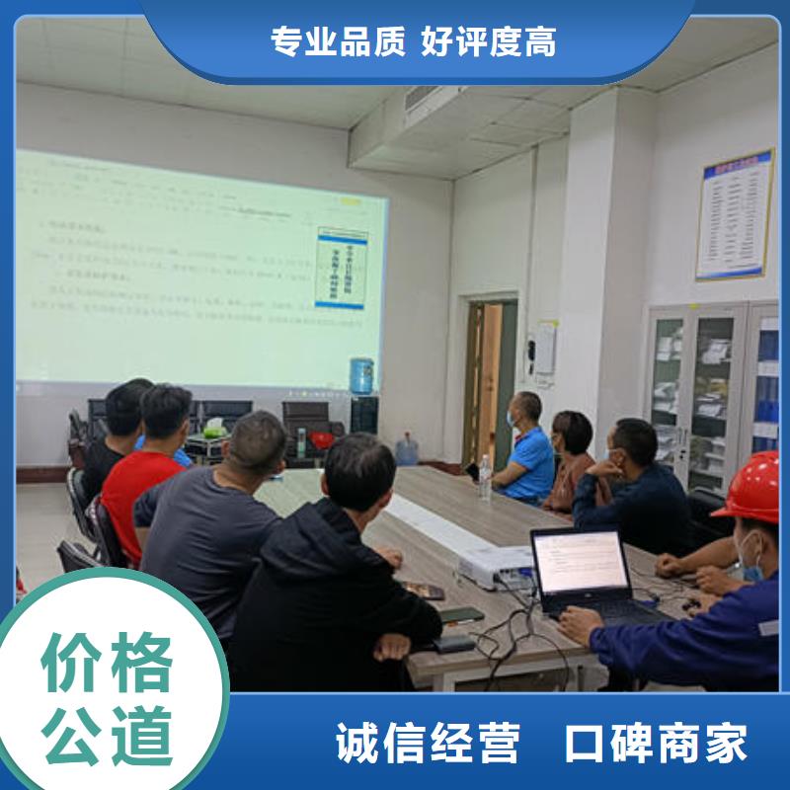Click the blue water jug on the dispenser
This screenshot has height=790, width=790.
point(361,376)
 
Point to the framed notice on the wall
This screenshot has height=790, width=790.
point(735,215)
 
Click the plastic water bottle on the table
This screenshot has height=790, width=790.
point(485,476)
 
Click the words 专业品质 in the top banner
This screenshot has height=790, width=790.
point(336,40)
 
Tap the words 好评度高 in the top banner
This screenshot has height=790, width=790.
point(488,40)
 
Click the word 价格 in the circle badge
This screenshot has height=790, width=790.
point(107,663)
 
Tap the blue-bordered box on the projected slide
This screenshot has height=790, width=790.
point(342,268)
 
